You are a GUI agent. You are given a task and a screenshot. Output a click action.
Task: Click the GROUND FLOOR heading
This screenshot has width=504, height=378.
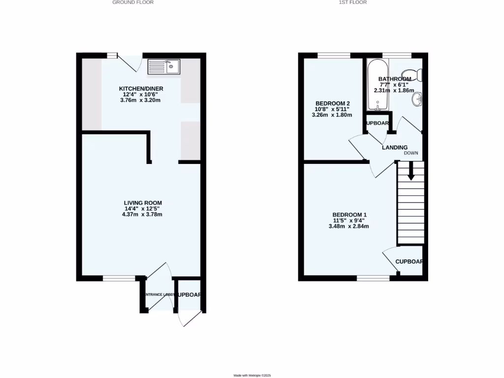(133, 2)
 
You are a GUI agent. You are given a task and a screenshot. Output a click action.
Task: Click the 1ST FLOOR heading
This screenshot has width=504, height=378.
(352, 2)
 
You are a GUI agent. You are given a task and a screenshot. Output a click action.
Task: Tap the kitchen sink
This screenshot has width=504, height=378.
(164, 66)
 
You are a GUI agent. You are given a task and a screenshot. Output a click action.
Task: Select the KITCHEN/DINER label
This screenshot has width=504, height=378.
(141, 89)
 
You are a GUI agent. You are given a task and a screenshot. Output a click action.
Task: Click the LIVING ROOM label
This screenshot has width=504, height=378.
(143, 203)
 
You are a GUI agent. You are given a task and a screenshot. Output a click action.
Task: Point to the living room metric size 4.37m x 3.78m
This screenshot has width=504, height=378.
(143, 214)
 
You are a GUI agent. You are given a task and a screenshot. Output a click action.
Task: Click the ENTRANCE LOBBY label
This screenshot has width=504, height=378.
(158, 295)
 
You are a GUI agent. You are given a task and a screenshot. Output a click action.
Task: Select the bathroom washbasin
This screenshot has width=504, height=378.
(418, 99)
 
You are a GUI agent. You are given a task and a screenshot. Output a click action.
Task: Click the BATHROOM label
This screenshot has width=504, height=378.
(394, 79)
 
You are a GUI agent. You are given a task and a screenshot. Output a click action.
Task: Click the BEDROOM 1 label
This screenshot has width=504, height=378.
(349, 215)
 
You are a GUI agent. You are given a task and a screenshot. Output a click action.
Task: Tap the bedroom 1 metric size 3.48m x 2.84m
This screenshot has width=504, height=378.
(349, 226)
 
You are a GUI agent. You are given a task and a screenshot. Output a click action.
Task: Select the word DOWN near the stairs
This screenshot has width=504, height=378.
(411, 153)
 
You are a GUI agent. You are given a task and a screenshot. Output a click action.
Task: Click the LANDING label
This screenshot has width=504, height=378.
(395, 147)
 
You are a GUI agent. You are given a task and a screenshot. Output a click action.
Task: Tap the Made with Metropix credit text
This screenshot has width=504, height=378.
(252, 375)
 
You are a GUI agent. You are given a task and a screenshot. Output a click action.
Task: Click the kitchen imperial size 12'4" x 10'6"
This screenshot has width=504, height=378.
(141, 94)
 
